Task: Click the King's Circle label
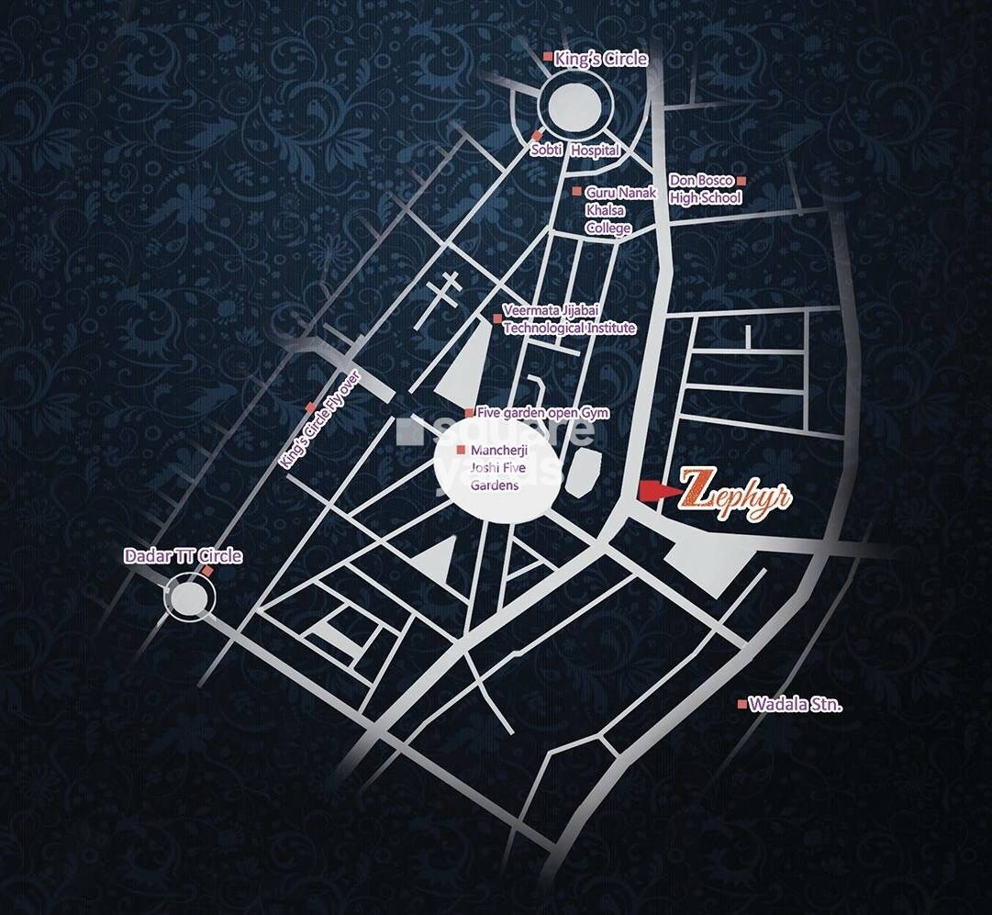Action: [601, 60]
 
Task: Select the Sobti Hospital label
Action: [582, 150]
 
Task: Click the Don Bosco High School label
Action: [704, 189]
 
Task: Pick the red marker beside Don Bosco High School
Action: [741, 181]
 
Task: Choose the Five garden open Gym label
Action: [542, 414]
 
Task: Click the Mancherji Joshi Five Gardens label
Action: [495, 467]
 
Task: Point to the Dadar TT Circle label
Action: [184, 556]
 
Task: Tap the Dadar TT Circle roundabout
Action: [190, 597]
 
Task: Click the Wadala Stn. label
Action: [796, 705]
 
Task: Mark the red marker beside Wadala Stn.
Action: [742, 704]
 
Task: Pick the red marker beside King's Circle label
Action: [548, 58]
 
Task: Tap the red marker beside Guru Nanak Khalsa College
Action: [576, 192]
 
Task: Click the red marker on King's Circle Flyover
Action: [311, 407]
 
